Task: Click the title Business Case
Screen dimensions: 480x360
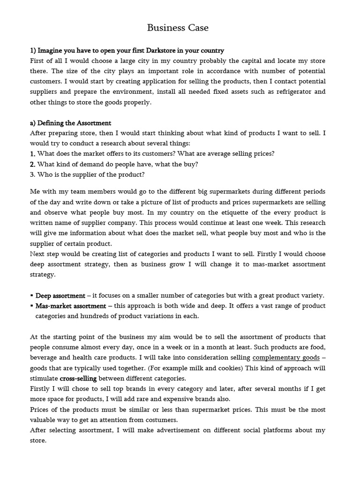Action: tap(178, 28)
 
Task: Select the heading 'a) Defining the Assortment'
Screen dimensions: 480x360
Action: tap(71, 123)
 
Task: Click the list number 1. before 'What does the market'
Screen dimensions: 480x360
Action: tap(33, 154)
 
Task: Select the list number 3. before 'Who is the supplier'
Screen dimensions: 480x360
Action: tap(33, 174)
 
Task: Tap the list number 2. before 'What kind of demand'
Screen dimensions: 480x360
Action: tap(33, 164)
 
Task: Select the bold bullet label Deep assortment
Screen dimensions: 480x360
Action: tap(60, 296)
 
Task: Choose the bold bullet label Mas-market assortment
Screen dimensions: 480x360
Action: tap(71, 306)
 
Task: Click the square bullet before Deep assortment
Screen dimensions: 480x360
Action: tap(32, 296)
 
